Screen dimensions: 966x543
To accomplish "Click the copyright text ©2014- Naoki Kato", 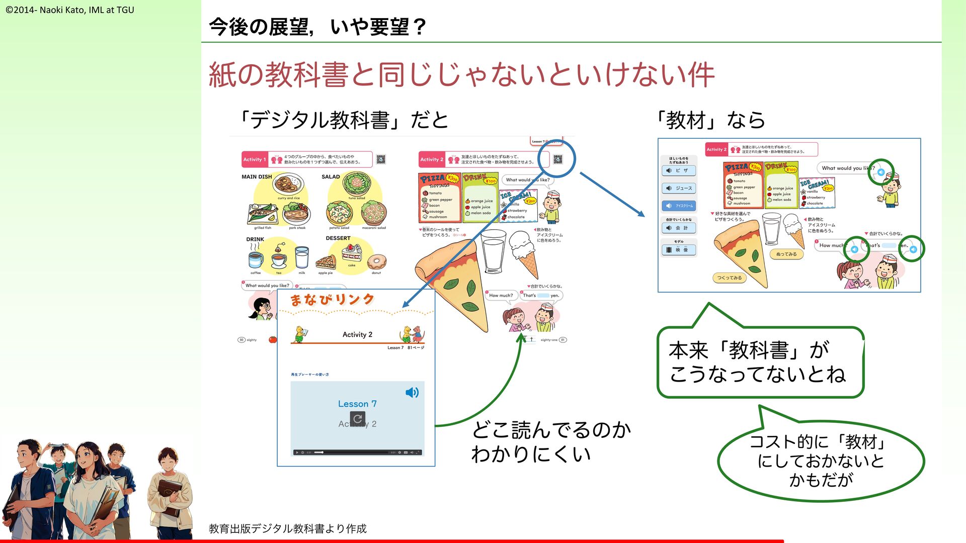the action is point(70,10).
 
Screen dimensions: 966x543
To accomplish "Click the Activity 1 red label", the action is point(255,159).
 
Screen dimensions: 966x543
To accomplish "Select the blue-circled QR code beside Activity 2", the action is point(557,159).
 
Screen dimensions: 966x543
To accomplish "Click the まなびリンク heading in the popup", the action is point(332,300).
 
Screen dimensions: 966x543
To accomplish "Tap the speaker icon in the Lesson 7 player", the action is point(412,393).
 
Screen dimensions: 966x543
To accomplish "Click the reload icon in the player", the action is point(358,418).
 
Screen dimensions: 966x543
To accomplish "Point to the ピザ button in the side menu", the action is point(678,170).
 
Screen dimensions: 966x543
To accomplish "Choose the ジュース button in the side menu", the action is point(678,188).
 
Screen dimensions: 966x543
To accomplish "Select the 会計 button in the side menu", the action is point(678,228).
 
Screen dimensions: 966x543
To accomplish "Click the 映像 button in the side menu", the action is point(678,250).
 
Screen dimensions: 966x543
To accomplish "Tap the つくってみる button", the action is point(729,278).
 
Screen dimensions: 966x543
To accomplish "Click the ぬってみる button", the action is point(786,254).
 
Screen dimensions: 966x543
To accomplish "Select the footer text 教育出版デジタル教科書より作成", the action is point(287,528).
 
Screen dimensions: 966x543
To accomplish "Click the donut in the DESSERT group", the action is point(376,262).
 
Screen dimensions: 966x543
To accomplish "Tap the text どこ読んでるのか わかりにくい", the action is point(550,442).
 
